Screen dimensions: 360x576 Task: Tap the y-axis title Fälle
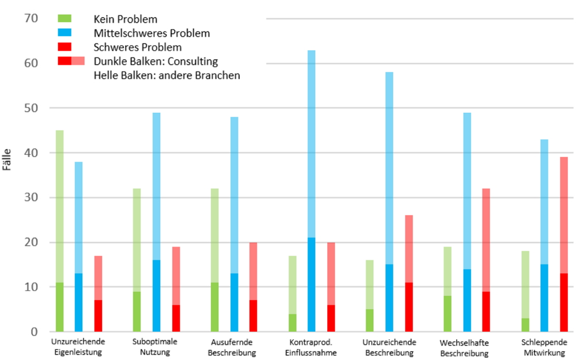tap(7, 160)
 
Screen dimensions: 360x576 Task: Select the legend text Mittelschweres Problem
tap(151, 33)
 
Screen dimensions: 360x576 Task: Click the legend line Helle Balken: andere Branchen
tap(166, 75)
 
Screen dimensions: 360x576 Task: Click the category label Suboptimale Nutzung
tap(155, 347)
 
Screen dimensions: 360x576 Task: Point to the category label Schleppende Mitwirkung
tap(544, 347)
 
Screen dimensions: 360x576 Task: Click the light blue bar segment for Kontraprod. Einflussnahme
tap(311, 144)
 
